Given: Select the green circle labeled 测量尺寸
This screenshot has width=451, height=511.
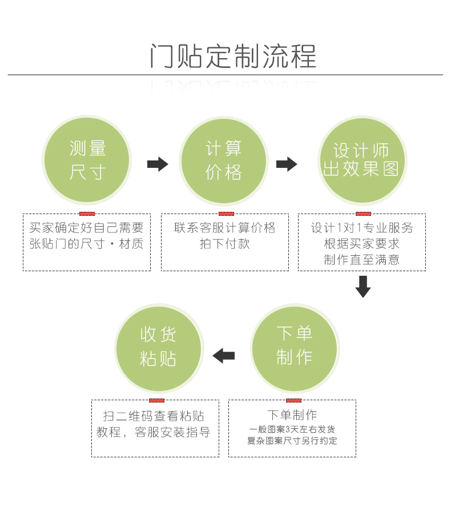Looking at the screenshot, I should click(87, 160).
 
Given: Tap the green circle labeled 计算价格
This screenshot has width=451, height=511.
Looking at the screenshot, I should click(224, 160).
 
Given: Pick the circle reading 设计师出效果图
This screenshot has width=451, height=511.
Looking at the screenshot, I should click(361, 160).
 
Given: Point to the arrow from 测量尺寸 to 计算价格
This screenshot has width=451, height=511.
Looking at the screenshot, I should click(158, 164).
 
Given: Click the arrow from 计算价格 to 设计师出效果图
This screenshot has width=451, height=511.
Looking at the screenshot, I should click(287, 164).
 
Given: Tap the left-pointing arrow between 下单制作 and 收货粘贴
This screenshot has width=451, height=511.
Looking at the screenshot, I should click(224, 356).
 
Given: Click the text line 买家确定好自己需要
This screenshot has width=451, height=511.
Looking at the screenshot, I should click(87, 228).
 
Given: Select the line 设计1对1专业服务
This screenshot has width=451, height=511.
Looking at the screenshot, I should click(362, 228).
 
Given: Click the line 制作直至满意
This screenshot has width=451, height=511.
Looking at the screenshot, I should click(362, 259).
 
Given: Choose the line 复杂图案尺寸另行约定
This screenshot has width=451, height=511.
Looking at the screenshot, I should click(292, 441).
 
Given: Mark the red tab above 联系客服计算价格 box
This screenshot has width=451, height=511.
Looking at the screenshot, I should click(226, 214).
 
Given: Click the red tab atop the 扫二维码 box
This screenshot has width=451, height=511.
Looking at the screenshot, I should click(156, 400).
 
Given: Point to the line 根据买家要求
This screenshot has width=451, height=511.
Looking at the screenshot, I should click(362, 244).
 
